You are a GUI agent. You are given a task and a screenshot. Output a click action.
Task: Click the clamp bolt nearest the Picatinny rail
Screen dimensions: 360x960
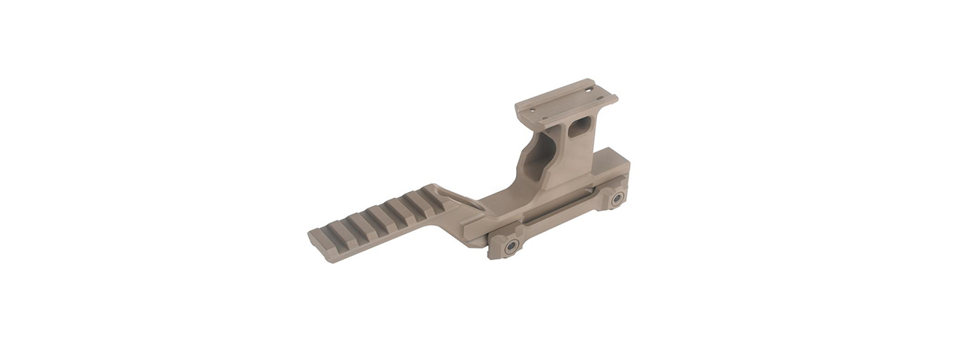[511, 247]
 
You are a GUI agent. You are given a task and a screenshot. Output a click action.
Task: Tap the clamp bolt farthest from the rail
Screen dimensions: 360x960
[617, 199]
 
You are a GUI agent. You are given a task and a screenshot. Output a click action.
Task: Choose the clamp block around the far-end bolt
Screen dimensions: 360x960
[613, 196]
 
